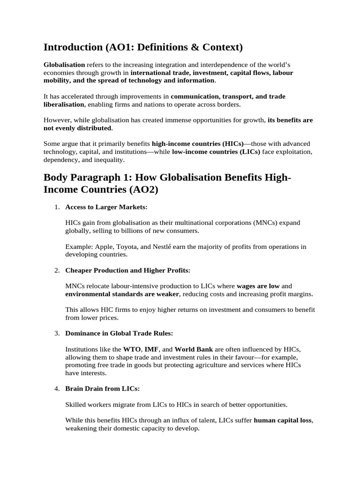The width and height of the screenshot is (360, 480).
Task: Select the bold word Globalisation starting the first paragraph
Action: (x=64, y=65)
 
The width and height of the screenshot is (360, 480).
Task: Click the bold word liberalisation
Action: (x=64, y=104)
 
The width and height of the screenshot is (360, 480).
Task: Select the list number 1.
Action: (x=57, y=207)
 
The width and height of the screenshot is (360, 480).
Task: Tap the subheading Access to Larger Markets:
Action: (x=106, y=207)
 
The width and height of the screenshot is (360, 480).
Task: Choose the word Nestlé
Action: (x=164, y=247)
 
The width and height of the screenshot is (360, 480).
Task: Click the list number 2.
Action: (x=57, y=270)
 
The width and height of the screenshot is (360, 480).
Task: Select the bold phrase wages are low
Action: (x=258, y=286)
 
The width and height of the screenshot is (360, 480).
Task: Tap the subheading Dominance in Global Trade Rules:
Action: (x=119, y=333)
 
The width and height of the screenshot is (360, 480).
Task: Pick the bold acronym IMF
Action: (x=151, y=349)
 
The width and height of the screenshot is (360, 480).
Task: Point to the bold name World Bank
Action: (x=194, y=349)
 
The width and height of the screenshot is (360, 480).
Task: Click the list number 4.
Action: (x=57, y=389)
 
